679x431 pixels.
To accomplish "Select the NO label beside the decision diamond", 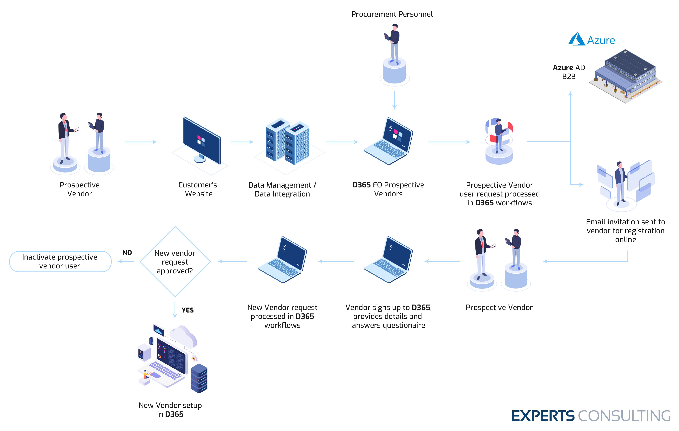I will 127,253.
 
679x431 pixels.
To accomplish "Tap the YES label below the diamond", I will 188,310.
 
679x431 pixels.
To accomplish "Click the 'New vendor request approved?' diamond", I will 175,262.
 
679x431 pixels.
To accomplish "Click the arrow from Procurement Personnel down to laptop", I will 394,100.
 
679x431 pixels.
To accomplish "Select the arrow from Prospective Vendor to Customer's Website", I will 140,142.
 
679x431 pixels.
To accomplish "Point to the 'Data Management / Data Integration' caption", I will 282,189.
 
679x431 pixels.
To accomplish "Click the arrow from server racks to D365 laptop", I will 342,142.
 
